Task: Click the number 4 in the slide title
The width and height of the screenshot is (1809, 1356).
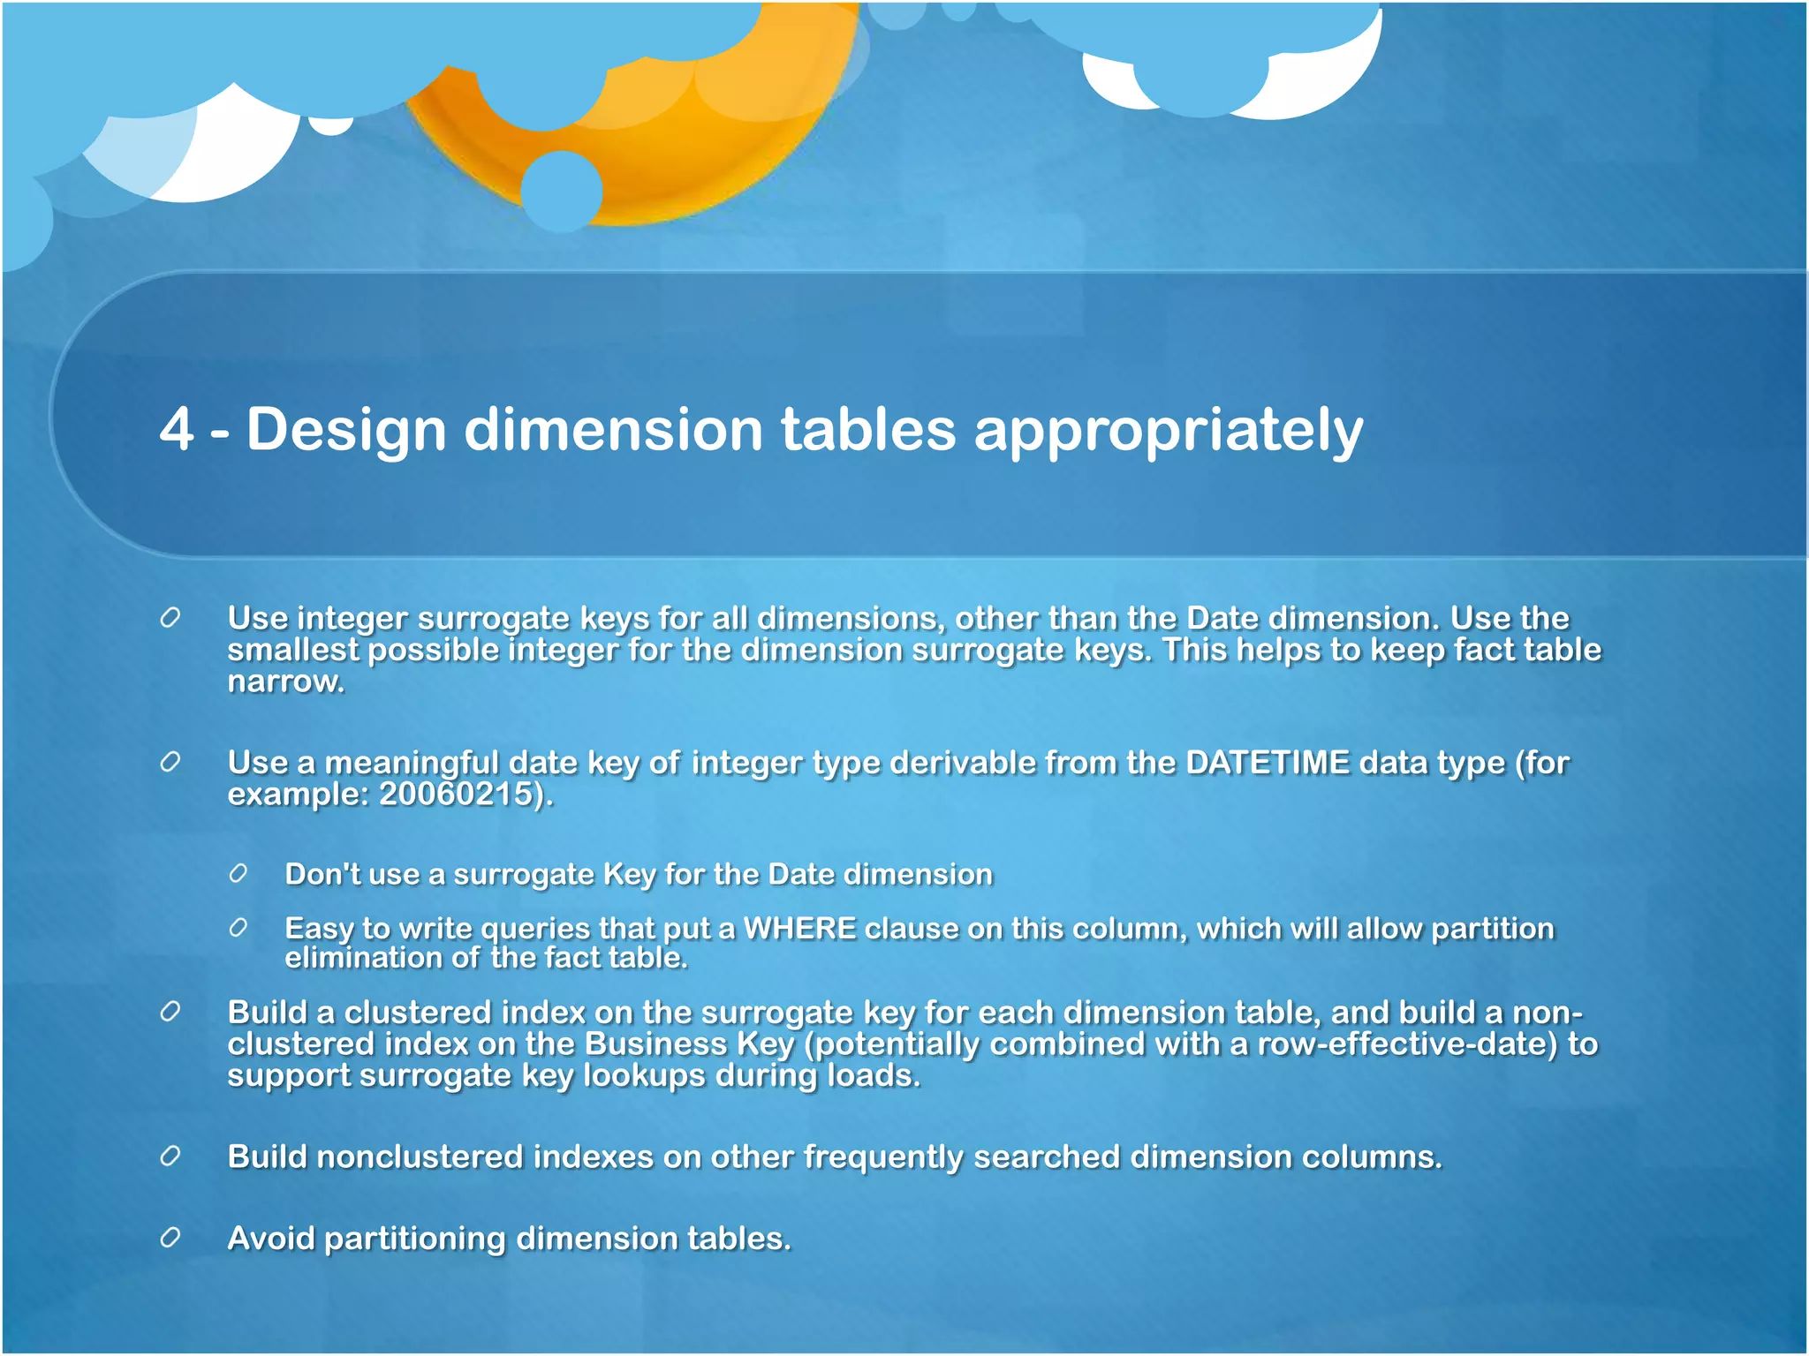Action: click(x=177, y=430)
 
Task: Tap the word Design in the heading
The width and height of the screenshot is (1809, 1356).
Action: click(x=345, y=430)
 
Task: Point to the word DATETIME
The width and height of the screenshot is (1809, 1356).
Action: click(x=1268, y=762)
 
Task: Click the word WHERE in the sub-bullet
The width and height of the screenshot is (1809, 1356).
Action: click(x=799, y=929)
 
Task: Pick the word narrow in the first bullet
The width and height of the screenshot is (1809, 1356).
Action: click(x=284, y=682)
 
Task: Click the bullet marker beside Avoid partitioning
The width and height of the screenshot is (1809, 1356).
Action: click(x=170, y=1238)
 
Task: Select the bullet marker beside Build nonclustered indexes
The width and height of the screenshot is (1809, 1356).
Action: click(x=170, y=1156)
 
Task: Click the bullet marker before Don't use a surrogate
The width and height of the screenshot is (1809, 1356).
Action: click(x=238, y=874)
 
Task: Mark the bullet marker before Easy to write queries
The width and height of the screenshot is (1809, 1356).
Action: click(x=238, y=928)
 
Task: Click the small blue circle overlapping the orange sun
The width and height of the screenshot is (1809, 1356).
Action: click(x=562, y=191)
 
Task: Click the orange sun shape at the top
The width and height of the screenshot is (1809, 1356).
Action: click(x=707, y=150)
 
